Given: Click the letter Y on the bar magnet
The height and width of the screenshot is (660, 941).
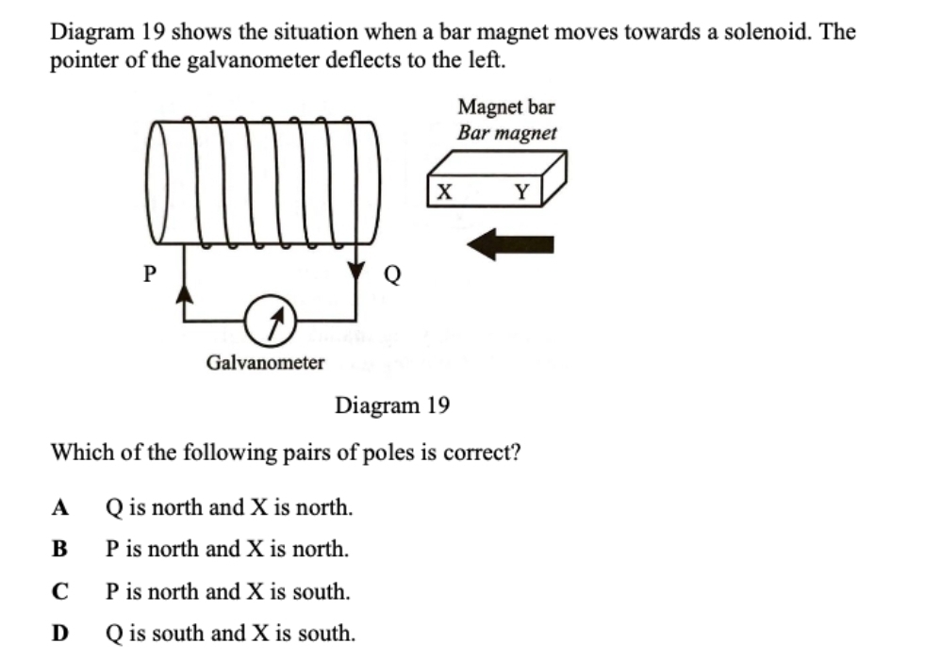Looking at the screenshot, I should coord(522,193).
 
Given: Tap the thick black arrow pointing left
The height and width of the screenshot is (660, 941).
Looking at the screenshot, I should coord(510,244).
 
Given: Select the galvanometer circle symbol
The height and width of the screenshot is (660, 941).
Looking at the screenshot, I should coord(272,323).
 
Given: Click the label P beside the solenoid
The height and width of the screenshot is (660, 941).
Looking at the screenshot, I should coord(148,273).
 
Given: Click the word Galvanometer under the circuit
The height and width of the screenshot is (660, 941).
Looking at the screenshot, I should coord(265,362).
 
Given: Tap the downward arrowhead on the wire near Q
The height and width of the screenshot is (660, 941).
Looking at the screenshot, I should coord(355,271).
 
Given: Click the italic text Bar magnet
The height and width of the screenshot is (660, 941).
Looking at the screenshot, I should coord(507,133).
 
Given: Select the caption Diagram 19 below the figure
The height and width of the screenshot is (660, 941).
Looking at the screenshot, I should coord(392,406).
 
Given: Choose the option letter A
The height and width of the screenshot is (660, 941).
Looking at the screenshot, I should coord(61,508).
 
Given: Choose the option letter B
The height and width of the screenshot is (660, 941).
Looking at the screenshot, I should coord(61,549).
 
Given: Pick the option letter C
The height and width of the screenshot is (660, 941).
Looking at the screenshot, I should coord(61,592).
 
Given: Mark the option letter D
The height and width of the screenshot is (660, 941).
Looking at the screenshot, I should coord(61,634).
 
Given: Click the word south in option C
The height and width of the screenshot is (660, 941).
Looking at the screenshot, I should coord(322,592).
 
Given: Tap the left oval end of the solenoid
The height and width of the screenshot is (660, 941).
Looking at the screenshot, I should coord(160,181).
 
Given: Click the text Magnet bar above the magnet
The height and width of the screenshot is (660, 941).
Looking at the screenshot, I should coord(506,107).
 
